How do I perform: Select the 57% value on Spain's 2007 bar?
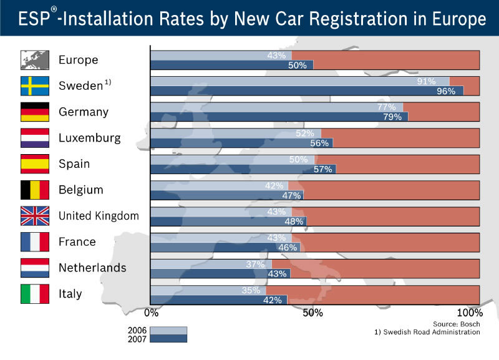322,169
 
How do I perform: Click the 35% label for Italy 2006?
251,290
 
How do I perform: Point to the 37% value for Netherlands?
257,264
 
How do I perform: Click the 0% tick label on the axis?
150,313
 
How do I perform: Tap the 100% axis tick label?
470,313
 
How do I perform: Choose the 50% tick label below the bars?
312,313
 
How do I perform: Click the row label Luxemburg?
89,138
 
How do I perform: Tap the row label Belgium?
80,190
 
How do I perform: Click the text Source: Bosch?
457,324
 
